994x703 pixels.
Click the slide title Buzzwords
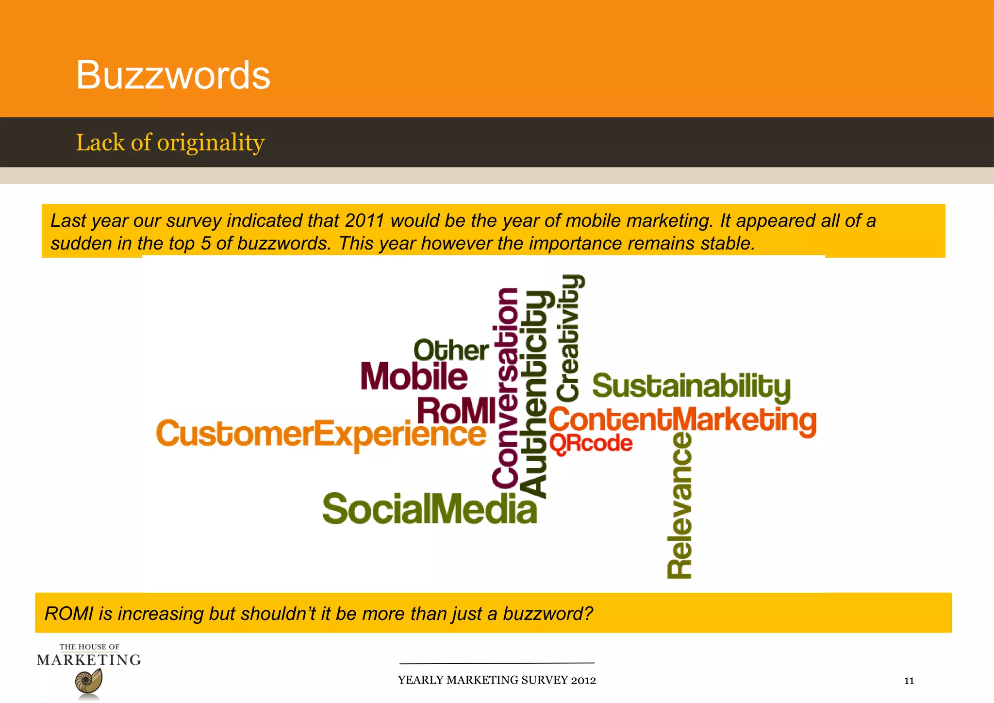pyautogui.click(x=173, y=75)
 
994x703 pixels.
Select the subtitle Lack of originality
pyautogui.click(x=170, y=143)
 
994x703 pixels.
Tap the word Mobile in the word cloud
pyautogui.click(x=414, y=377)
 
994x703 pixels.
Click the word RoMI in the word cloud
pyautogui.click(x=456, y=411)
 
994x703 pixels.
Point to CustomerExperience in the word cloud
pyautogui.click(x=320, y=434)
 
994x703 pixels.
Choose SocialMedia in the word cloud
pyautogui.click(x=430, y=509)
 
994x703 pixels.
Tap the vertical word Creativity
pyautogui.click(x=568, y=338)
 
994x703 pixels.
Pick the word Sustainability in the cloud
pyautogui.click(x=691, y=386)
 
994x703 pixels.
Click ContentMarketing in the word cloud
pyautogui.click(x=682, y=420)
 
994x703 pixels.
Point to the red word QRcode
pyautogui.click(x=591, y=443)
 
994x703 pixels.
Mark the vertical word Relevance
pyautogui.click(x=680, y=505)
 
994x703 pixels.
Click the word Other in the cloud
pyautogui.click(x=451, y=351)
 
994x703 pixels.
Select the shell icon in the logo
pyautogui.click(x=89, y=682)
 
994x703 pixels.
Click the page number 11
pyautogui.click(x=909, y=681)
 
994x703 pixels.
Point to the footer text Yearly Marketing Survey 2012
pyautogui.click(x=497, y=680)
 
